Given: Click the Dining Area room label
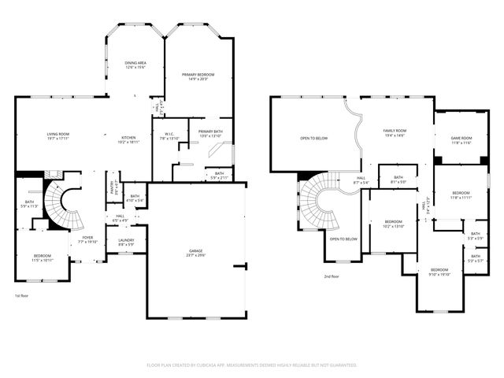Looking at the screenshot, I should (x=136, y=63).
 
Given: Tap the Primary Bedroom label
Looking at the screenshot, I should (x=201, y=75).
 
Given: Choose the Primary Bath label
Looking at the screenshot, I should (x=210, y=132).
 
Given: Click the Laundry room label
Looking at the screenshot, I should (x=126, y=240).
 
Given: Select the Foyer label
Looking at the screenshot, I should (x=87, y=237).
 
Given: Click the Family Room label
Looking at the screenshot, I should (x=395, y=130).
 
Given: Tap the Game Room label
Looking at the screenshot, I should (x=461, y=138).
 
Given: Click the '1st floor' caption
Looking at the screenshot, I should (x=22, y=296).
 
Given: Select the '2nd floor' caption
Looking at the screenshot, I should (x=332, y=276).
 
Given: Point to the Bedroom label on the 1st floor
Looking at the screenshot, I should (x=43, y=255).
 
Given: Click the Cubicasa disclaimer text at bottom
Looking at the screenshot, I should (x=252, y=365).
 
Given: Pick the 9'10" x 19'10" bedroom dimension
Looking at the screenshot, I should (x=439, y=274).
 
